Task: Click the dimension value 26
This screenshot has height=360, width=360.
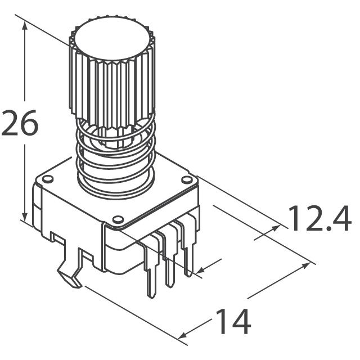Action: [x=20, y=124]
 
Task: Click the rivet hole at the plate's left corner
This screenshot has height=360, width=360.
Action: [x=48, y=179]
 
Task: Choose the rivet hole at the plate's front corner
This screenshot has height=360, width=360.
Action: [x=118, y=218]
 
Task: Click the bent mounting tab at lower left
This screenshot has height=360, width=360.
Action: [x=70, y=276]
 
